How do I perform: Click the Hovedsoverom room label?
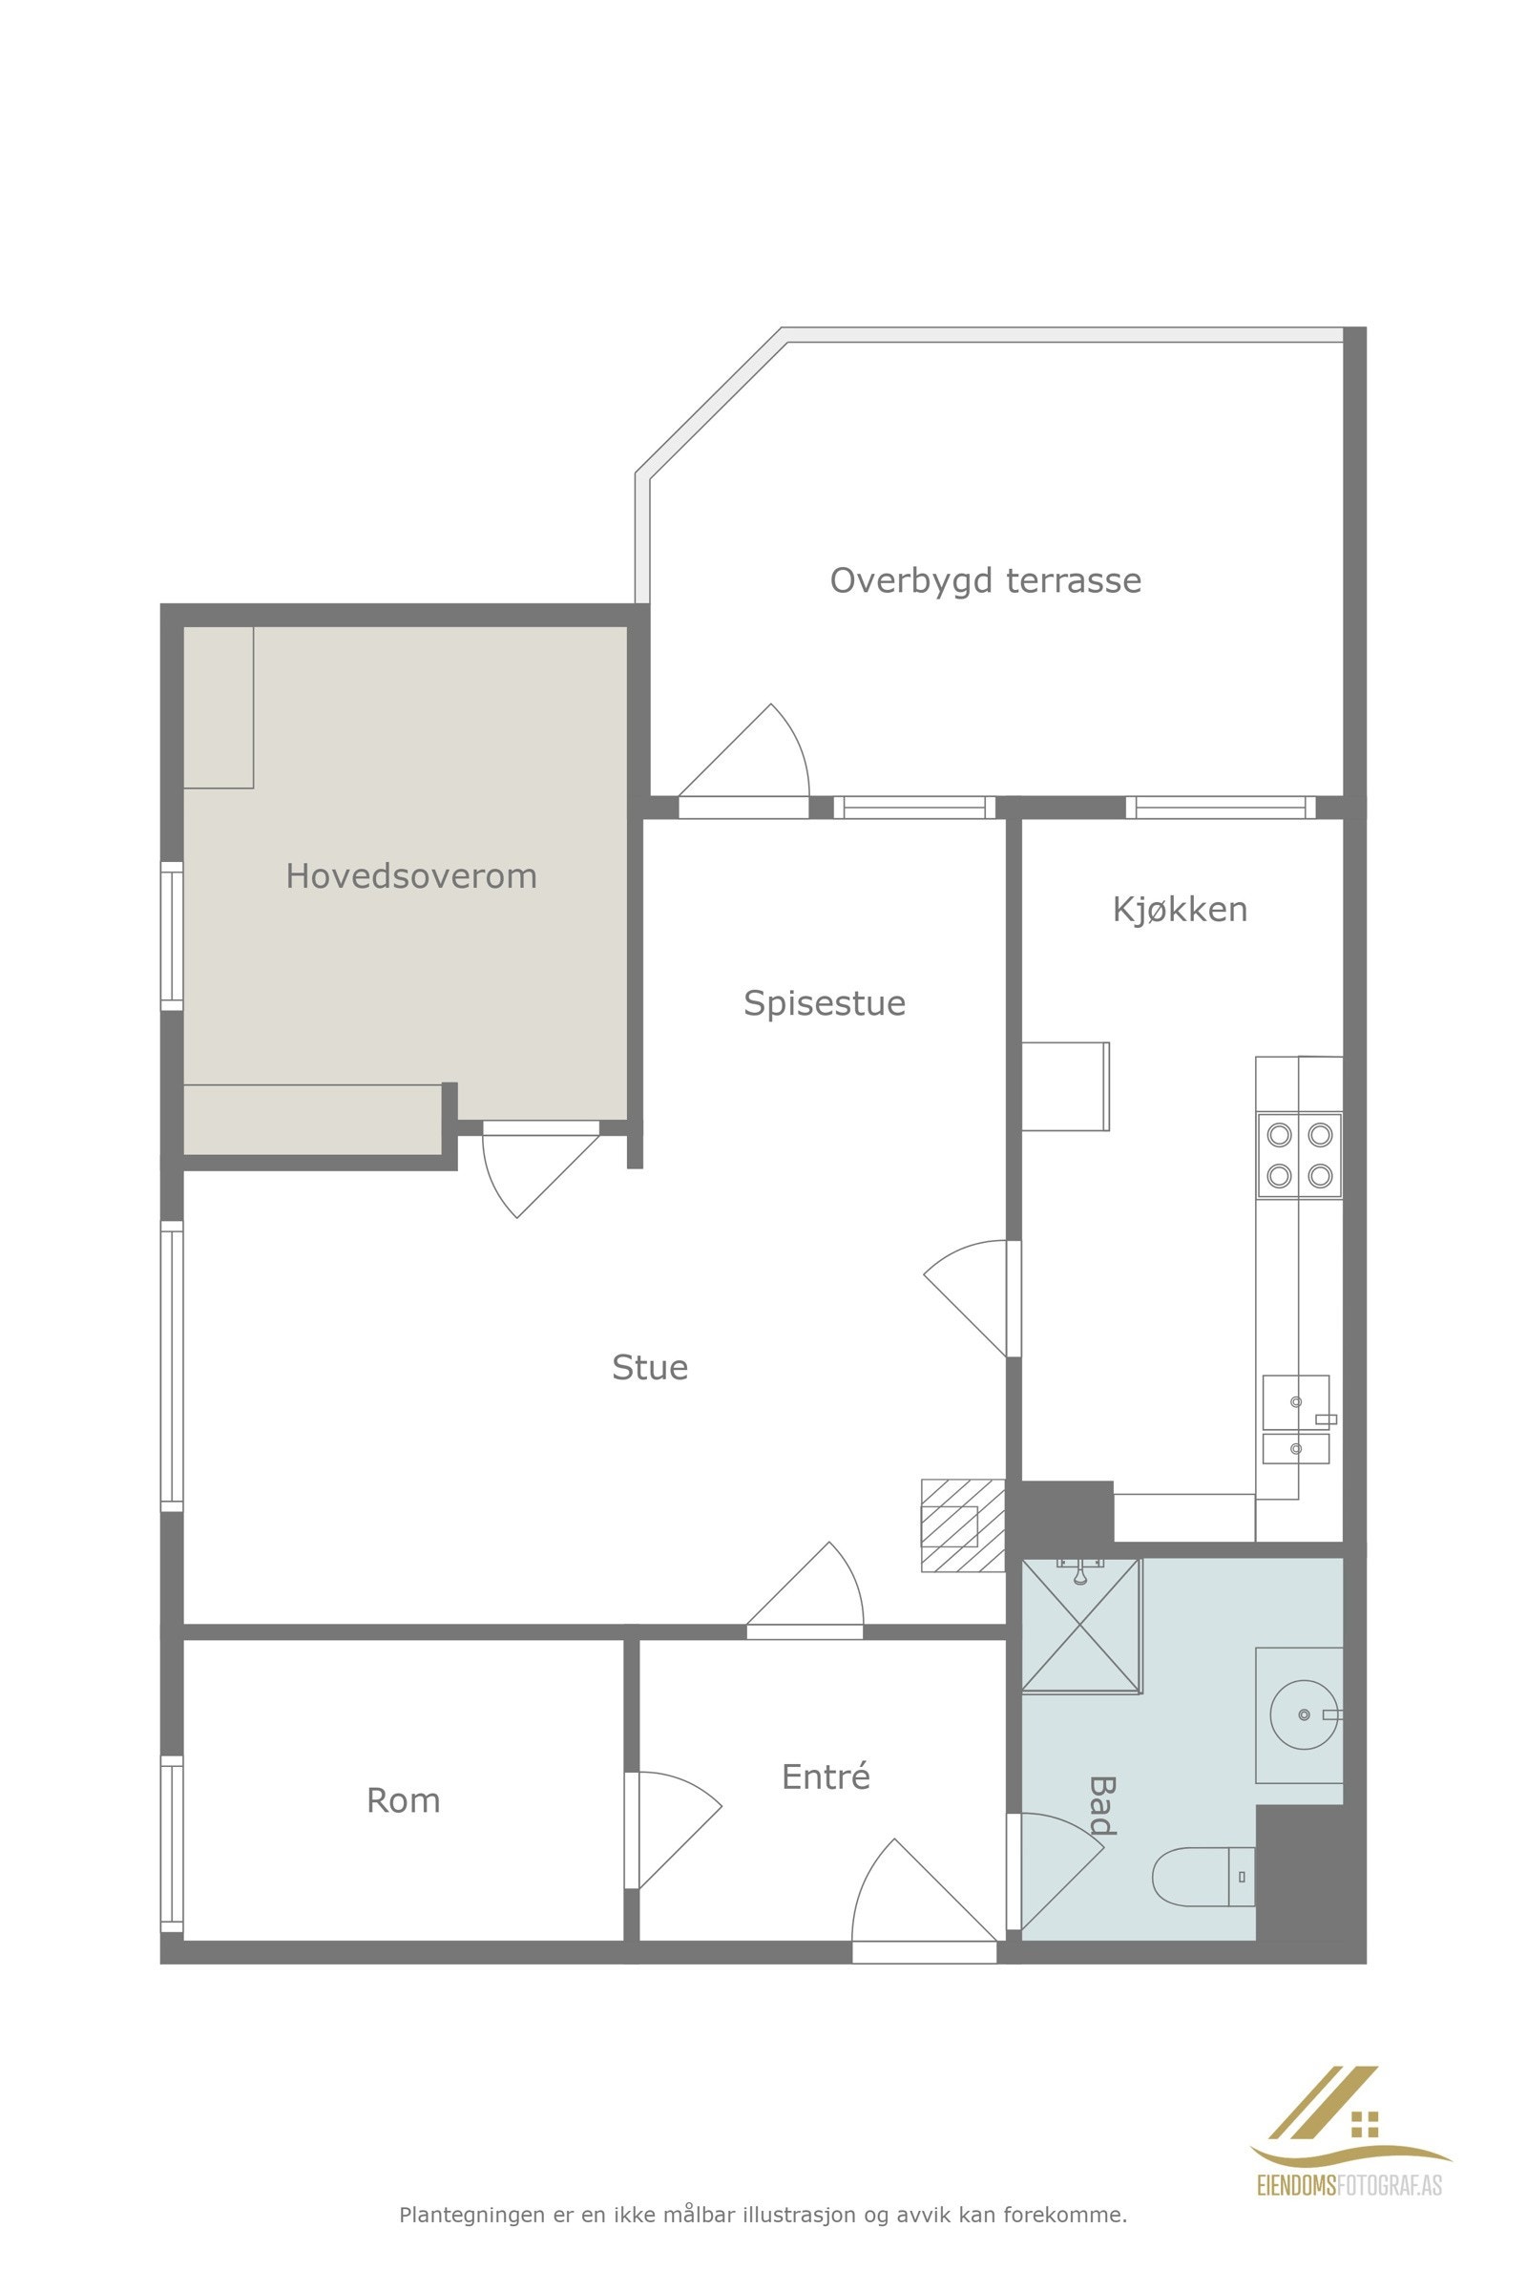411,875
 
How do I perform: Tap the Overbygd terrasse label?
986,580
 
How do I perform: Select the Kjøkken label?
1180,909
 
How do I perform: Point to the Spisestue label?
824,1003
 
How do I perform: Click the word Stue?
650,1368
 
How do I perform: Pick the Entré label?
825,1776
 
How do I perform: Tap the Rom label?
403,1801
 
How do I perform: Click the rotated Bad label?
1101,1805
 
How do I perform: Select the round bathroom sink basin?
1305,1714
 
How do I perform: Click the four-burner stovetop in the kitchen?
1299,1155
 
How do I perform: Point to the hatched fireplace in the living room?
963,1524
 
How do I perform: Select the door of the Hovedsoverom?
541,1168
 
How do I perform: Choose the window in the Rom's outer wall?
172,1844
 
